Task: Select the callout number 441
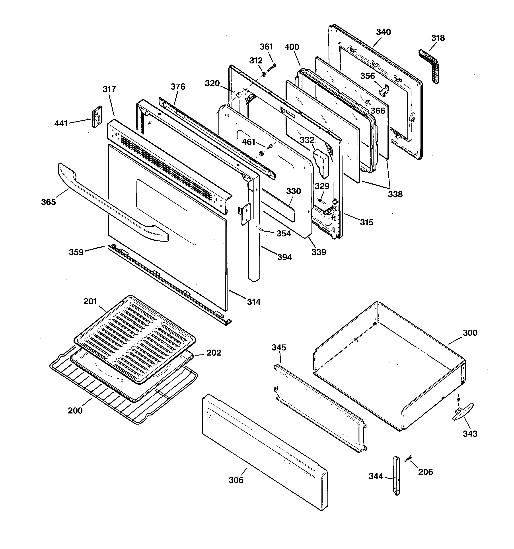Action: click(x=61, y=124)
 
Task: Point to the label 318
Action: click(x=438, y=38)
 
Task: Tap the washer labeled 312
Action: click(x=263, y=74)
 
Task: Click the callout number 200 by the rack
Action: click(x=75, y=411)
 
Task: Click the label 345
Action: click(x=279, y=347)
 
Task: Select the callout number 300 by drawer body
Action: click(x=470, y=333)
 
